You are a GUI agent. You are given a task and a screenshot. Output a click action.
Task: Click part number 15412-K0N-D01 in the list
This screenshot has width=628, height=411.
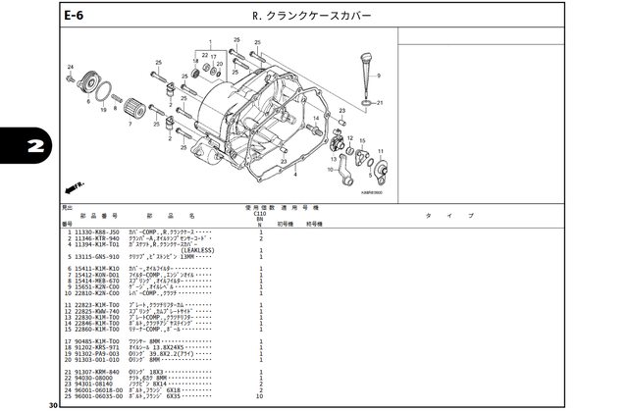pyautogui.click(x=94, y=273)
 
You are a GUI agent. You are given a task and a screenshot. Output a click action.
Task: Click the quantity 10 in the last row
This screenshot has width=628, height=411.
pyautogui.click(x=260, y=396)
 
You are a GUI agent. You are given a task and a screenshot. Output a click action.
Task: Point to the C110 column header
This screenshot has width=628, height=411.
pyautogui.click(x=260, y=212)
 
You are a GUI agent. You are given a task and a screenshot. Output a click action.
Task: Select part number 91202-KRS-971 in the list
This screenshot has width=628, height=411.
pyautogui.click(x=94, y=348)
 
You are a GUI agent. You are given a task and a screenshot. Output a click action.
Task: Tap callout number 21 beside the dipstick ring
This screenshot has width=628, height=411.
pyautogui.click(x=380, y=102)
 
